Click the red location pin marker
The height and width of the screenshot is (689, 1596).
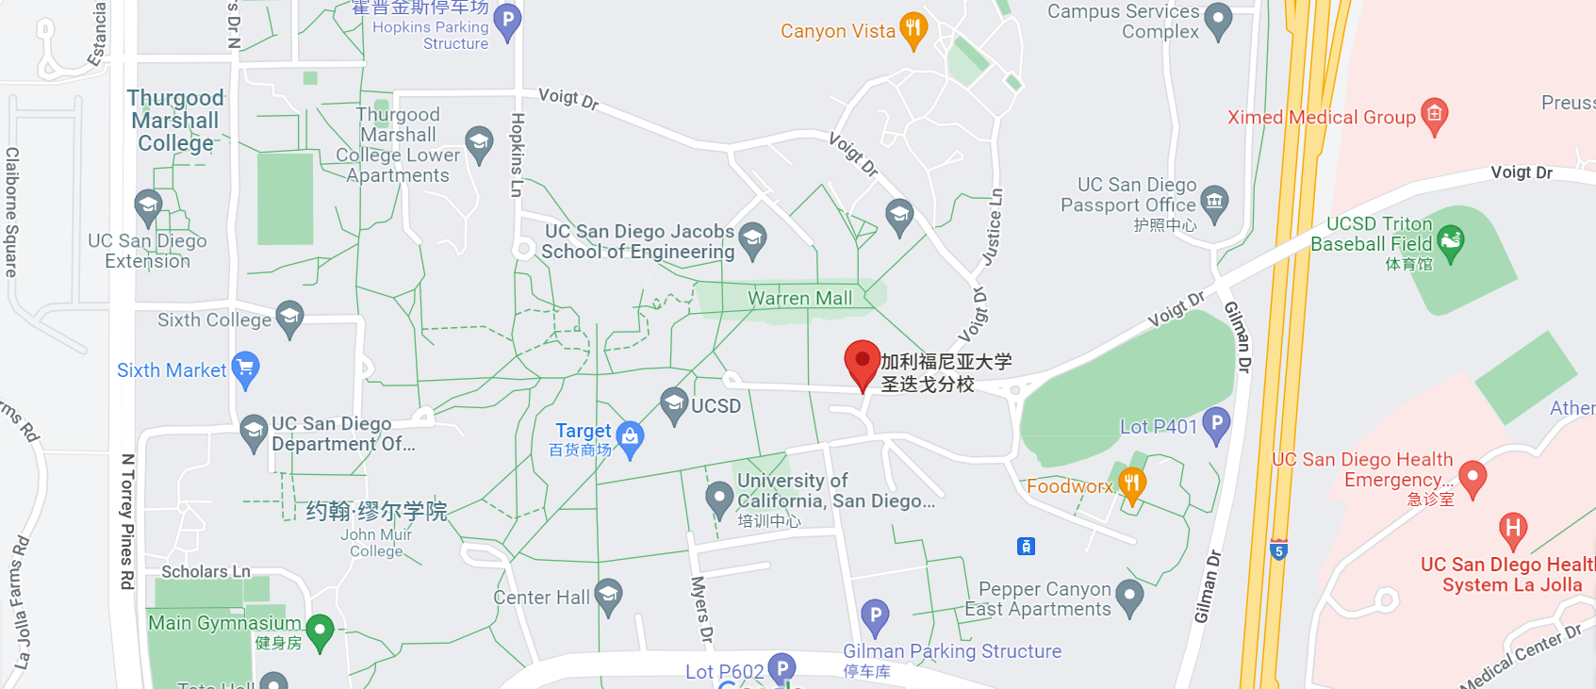click(862, 363)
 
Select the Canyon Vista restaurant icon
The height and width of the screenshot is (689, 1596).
click(913, 28)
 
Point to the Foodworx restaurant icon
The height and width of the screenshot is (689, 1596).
click(1131, 484)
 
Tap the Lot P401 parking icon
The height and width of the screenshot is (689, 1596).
click(1216, 424)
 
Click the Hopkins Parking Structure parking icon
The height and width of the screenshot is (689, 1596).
click(507, 20)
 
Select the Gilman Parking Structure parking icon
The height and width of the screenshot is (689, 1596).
click(875, 616)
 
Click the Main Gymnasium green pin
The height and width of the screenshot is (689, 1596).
click(320, 630)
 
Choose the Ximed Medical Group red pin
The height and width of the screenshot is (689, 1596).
click(1434, 115)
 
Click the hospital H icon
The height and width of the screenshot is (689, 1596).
click(1513, 529)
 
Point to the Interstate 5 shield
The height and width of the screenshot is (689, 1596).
click(1278, 550)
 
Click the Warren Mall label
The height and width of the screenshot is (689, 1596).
click(799, 299)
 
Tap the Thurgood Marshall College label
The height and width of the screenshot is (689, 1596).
click(175, 121)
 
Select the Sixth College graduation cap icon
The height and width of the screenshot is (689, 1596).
click(289, 317)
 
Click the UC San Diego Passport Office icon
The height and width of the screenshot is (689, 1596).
click(1214, 201)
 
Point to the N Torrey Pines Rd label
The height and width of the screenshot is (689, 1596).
click(127, 521)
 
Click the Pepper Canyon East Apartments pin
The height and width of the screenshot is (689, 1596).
click(1128, 596)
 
